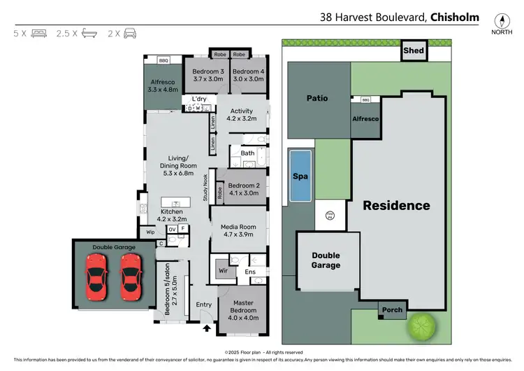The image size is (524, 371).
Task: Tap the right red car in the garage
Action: pyautogui.click(x=129, y=275)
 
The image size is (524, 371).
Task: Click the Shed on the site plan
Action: pyautogui.click(x=412, y=50)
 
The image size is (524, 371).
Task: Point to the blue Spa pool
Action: pyautogui.click(x=300, y=176)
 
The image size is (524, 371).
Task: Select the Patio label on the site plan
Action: pyautogui.click(x=317, y=98)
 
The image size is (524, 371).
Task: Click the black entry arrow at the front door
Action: pyautogui.click(x=206, y=326)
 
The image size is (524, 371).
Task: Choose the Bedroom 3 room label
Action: pyautogui.click(x=208, y=75)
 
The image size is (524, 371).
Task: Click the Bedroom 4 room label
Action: pyautogui.click(x=248, y=75)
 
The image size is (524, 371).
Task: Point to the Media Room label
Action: pyautogui.click(x=239, y=231)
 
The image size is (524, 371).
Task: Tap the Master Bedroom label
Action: pyautogui.click(x=242, y=309)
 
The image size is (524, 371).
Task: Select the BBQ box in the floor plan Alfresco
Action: pyautogui.click(x=164, y=61)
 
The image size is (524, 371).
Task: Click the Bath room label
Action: pyautogui.click(x=247, y=153)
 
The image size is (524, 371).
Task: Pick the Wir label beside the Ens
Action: pyautogui.click(x=223, y=269)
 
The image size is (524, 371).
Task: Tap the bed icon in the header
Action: pyautogui.click(x=39, y=33)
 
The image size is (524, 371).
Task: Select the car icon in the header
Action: pyautogui.click(x=130, y=33)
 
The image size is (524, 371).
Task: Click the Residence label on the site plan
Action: pyautogui.click(x=395, y=205)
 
